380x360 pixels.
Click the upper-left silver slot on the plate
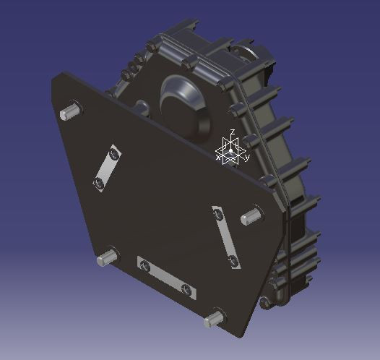(107, 168)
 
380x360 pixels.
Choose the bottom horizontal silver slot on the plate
(167, 278)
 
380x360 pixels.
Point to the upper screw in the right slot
(217, 213)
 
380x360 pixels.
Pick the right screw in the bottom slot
(188, 290)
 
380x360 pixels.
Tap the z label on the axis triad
(232, 132)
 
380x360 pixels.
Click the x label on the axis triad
(218, 155)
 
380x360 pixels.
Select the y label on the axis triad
(247, 156)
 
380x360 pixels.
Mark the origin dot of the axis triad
(231, 151)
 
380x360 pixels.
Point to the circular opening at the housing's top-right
(244, 56)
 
